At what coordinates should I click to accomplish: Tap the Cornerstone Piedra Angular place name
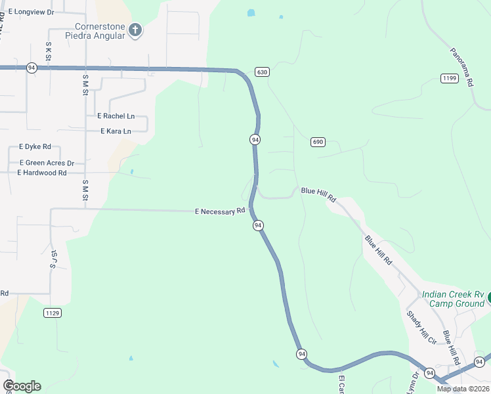pyautogui.click(x=100, y=31)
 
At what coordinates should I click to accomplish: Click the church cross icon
pyautogui.click(x=135, y=30)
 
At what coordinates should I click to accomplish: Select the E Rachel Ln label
pyautogui.click(x=116, y=116)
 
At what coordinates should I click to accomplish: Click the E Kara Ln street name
pyautogui.click(x=116, y=131)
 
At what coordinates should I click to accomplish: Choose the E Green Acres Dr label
pyautogui.click(x=47, y=163)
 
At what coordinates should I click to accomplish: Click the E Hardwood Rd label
pyautogui.click(x=43, y=173)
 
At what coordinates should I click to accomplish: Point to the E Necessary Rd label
pyautogui.click(x=220, y=211)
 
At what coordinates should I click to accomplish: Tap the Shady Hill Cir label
pyautogui.click(x=421, y=327)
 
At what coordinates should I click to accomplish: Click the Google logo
pyautogui.click(x=22, y=386)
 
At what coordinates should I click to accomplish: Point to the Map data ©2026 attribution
pyautogui.click(x=463, y=389)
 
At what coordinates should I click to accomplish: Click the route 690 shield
pyautogui.click(x=318, y=142)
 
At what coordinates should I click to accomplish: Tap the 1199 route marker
pyautogui.click(x=449, y=78)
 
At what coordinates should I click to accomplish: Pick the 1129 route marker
pyautogui.click(x=53, y=313)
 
